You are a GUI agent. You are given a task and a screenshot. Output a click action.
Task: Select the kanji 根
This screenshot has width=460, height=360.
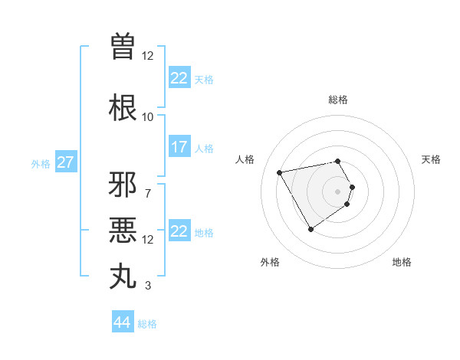(123, 107)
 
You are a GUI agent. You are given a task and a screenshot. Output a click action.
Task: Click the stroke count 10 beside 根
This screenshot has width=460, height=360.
(147, 116)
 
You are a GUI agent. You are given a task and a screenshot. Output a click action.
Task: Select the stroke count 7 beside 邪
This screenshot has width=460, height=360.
(147, 193)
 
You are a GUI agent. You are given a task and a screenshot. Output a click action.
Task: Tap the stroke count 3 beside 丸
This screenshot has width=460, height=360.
(147, 286)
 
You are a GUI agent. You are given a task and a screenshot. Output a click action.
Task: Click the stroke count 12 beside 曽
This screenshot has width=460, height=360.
(147, 55)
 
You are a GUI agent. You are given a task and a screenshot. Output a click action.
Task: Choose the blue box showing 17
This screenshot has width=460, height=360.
(179, 147)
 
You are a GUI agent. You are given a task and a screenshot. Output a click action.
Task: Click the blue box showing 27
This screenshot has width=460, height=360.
(65, 162)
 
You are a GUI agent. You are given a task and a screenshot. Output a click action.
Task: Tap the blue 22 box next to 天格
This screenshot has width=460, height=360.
(179, 78)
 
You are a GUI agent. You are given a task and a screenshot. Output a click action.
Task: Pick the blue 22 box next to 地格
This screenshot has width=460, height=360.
(179, 231)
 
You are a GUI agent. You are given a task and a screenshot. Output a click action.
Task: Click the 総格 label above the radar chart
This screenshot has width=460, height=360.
(338, 100)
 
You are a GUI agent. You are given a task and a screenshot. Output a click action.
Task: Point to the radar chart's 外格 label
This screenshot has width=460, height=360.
(270, 262)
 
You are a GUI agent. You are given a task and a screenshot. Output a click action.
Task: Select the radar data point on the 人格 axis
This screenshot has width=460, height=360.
(280, 173)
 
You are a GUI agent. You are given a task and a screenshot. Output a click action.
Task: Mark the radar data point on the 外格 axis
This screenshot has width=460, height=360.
(310, 228)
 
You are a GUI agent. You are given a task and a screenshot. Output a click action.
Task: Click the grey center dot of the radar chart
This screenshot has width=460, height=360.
(338, 191)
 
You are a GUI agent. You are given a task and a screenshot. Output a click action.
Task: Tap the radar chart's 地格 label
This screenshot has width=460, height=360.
(402, 262)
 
